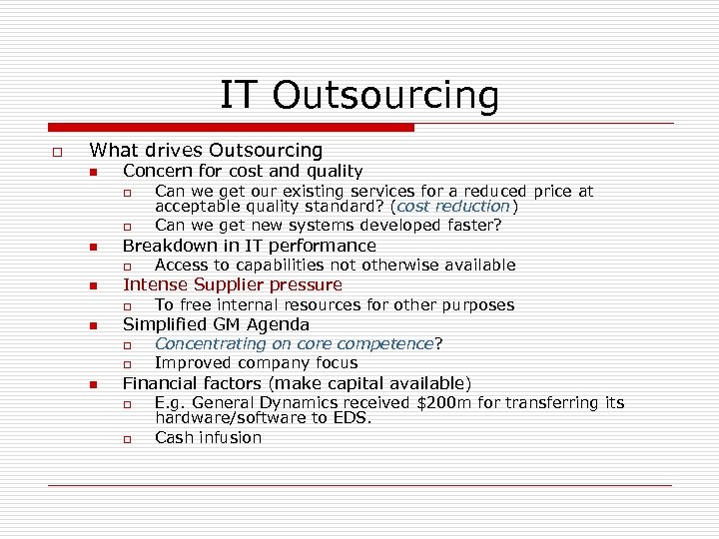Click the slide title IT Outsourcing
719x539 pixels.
click(359, 95)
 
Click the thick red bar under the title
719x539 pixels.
click(232, 128)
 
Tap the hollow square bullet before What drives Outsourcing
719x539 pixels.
click(58, 152)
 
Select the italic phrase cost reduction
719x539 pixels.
click(453, 207)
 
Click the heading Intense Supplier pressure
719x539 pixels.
click(232, 285)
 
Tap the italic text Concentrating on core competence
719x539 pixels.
click(295, 344)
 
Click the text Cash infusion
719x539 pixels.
click(208, 438)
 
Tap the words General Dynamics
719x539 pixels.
click(253, 403)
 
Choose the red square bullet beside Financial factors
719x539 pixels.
click(92, 385)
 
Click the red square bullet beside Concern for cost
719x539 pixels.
click(92, 173)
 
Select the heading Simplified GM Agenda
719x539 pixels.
click(216, 324)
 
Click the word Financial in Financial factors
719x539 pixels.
click(159, 383)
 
